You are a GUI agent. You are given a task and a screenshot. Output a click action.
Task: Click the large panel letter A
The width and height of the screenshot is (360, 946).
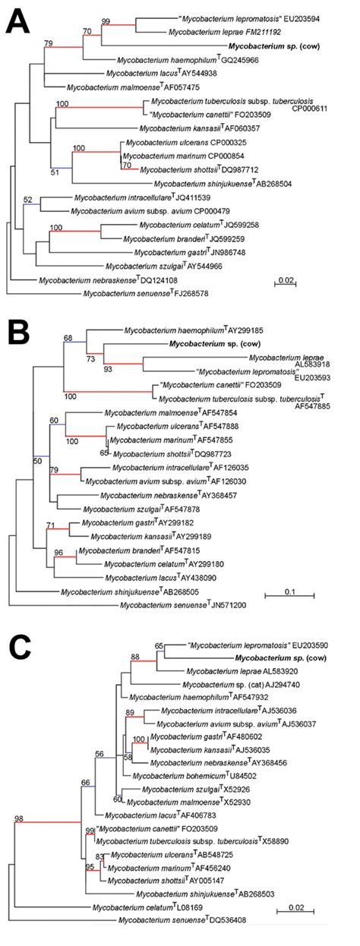[x=21, y=23]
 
